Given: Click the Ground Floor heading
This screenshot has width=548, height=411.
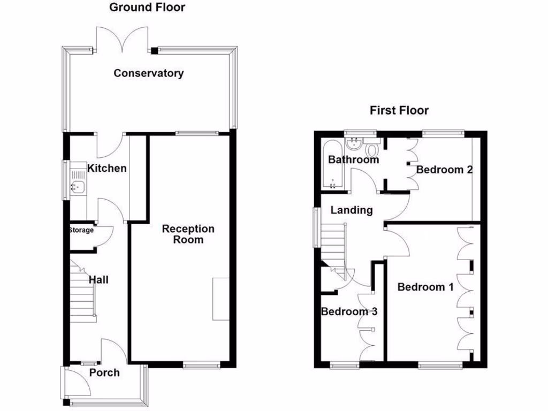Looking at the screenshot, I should [x=147, y=7].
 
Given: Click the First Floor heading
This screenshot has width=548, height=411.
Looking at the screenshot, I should [x=399, y=111].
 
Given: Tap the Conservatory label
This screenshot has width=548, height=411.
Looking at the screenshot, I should [x=148, y=73].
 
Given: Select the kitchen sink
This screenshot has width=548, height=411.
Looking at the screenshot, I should [x=77, y=187].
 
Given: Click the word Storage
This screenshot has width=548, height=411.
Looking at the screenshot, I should [x=81, y=231].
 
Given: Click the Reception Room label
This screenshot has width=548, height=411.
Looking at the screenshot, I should [x=188, y=234].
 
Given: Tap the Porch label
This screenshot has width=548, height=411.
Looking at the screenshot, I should [x=104, y=373].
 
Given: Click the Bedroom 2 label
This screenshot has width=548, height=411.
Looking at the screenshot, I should [x=444, y=170].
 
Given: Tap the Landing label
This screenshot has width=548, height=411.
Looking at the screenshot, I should [x=352, y=210].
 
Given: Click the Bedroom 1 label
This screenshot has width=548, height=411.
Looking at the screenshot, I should [x=425, y=287].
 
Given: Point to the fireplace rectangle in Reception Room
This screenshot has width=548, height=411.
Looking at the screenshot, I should [x=221, y=299].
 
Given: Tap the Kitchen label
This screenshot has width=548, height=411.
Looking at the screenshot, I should [x=107, y=169].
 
